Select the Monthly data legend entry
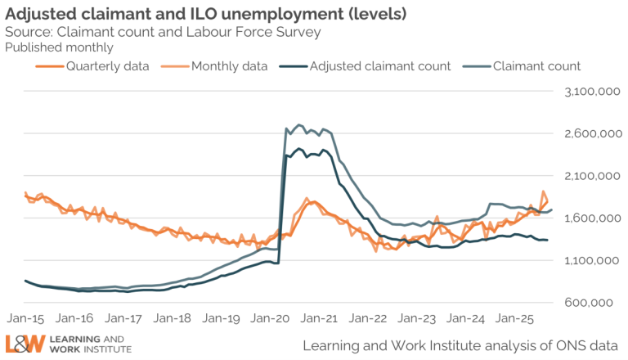tap(229, 66)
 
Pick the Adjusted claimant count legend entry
tap(379, 66)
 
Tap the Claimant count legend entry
tap(536, 66)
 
